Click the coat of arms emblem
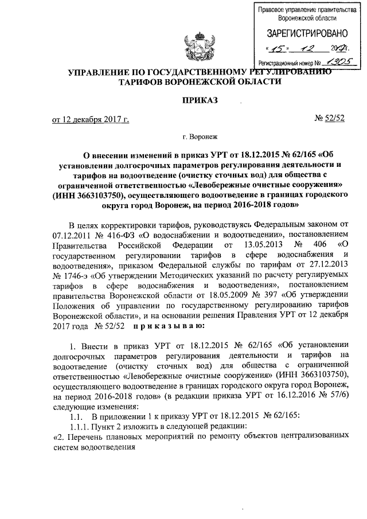192,46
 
